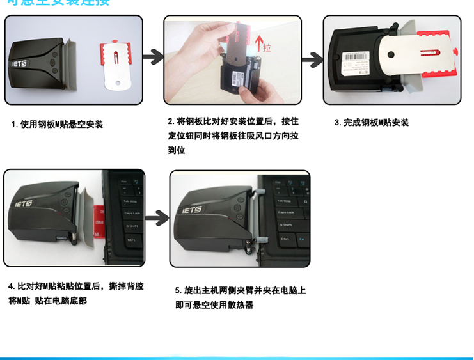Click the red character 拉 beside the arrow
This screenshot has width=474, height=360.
pos(267,47)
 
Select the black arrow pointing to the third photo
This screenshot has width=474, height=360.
pos(312,61)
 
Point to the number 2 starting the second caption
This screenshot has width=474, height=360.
pos(171,121)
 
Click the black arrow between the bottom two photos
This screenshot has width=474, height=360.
pos(157,219)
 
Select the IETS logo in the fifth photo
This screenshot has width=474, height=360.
pos(192,209)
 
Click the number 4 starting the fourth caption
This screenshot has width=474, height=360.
pos(11,286)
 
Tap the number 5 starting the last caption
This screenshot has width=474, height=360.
pos(178,290)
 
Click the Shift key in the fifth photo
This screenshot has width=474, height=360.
pos(285,224)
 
